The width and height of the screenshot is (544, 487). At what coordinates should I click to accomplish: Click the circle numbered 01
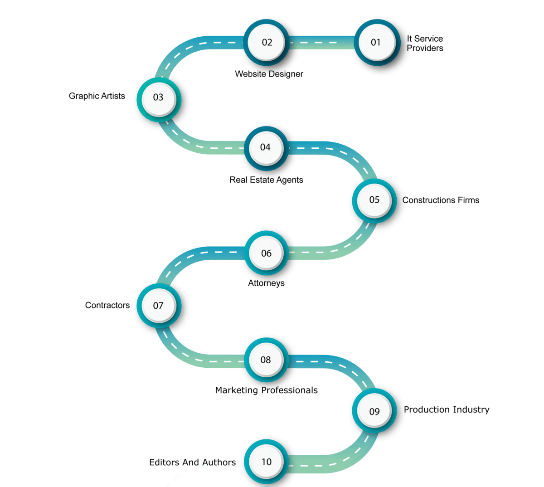[375, 42]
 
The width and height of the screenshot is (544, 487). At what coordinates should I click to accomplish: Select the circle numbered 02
[267, 42]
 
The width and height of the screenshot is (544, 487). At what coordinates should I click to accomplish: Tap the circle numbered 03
[158, 97]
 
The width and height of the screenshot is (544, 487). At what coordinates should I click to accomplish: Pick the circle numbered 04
[265, 147]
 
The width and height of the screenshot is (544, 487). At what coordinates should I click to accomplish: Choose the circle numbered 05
[374, 200]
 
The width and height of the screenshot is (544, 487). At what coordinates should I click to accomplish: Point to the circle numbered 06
[266, 253]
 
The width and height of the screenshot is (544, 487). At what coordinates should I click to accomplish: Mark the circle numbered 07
[158, 306]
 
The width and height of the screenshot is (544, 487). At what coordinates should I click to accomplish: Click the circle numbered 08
[266, 360]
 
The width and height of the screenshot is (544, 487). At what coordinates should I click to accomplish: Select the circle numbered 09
[374, 411]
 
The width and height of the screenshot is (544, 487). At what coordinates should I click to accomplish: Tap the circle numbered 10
[266, 462]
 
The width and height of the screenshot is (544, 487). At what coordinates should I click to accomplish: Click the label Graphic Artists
[97, 96]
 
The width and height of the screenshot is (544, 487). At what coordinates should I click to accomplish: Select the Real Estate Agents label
[266, 180]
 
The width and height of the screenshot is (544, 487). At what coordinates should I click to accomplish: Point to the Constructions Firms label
[441, 200]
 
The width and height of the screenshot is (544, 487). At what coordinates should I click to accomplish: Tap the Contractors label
[107, 305]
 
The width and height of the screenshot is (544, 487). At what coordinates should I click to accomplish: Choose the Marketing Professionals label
[266, 390]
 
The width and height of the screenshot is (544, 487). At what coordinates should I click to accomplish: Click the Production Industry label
[447, 409]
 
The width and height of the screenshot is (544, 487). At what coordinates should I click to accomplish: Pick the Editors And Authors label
[192, 463]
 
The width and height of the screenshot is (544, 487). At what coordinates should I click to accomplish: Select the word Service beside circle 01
[428, 39]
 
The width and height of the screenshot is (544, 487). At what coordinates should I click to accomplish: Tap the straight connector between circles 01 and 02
[321, 42]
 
